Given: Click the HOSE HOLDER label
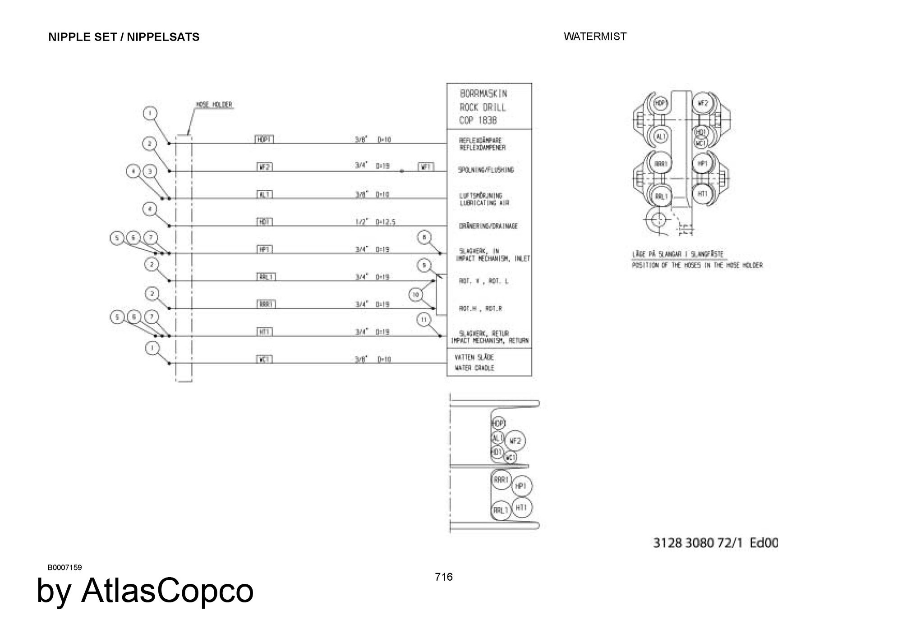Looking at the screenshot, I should (214, 105).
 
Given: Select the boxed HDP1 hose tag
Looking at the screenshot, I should (264, 140).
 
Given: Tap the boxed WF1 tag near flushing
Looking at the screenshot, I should (426, 167).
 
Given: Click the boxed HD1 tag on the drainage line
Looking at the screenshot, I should (264, 222).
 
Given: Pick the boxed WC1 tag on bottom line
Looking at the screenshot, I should (264, 359).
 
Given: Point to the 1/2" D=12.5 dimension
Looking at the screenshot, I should (375, 222).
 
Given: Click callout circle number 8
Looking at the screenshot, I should (424, 237).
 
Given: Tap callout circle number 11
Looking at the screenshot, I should (423, 320).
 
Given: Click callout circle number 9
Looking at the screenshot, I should (424, 266).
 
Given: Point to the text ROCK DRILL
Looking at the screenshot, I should (483, 107).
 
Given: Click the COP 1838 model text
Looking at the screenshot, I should (478, 121).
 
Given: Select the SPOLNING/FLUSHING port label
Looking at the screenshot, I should (486, 170).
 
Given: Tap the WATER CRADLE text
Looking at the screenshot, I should (474, 368).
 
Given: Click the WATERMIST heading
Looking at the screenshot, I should (595, 37).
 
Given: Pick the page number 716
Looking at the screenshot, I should (444, 577).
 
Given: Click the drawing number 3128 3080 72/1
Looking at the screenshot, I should (698, 543).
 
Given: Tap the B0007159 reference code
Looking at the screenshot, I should (65, 567).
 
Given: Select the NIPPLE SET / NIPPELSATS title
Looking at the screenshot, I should (124, 37).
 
